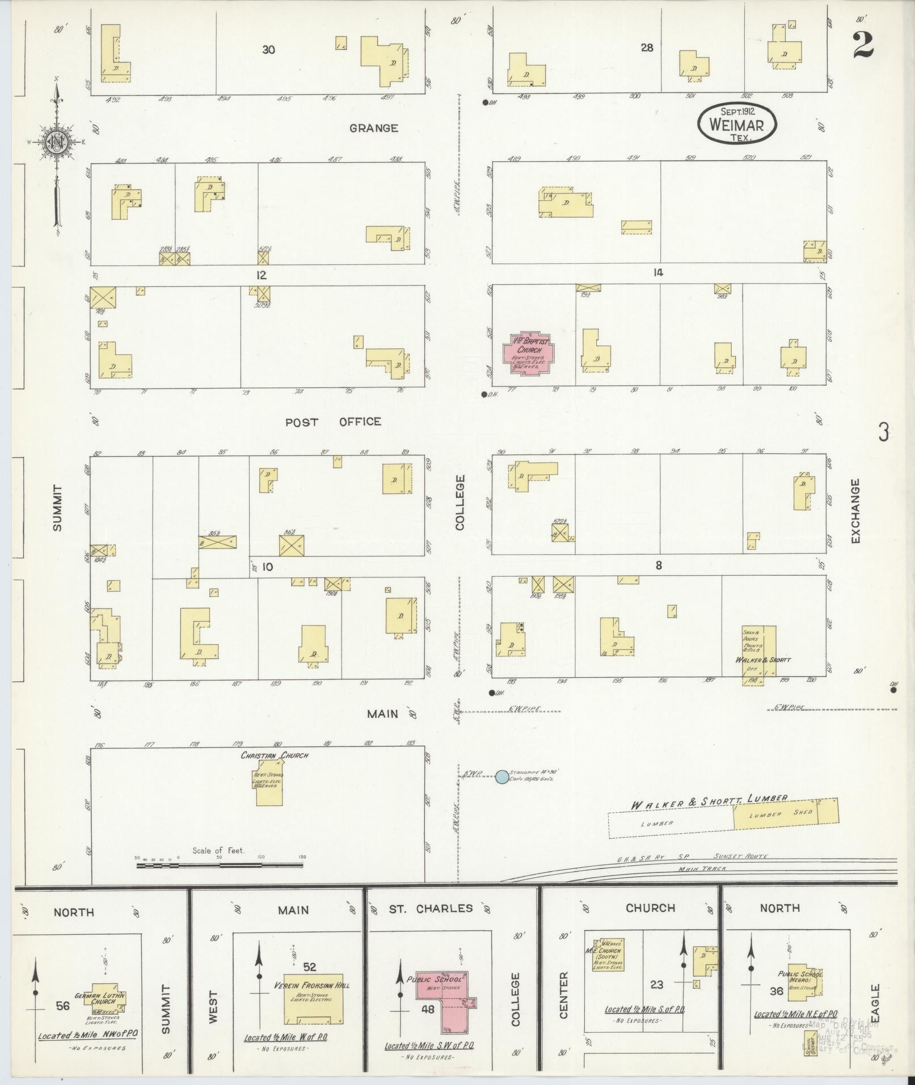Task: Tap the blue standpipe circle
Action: point(501,777)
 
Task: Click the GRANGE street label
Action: point(373,128)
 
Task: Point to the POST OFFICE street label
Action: point(333,422)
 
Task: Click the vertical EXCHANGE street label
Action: point(855,510)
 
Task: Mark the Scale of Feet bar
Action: point(219,866)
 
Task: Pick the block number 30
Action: point(268,50)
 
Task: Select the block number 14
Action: point(657,273)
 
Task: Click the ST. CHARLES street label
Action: point(431,909)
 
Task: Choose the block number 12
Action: point(261,276)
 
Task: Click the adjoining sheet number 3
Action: point(883,433)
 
